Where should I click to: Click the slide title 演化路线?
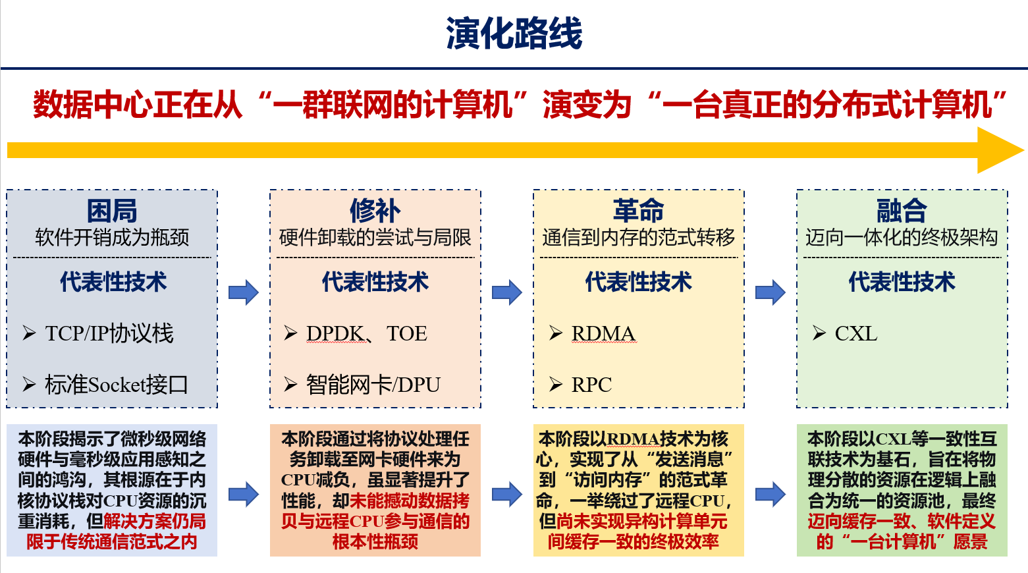pos(514,34)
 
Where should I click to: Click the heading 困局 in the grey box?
pos(112,211)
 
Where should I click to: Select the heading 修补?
pos(375,211)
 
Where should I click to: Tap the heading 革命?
pos(638,211)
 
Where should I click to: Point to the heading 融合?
pos(902,211)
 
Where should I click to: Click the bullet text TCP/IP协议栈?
pos(109,333)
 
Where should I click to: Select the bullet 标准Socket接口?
pos(116,384)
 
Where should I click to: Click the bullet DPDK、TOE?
pos(366,333)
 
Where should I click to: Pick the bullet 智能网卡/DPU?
pos(373,384)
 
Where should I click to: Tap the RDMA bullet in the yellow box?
pos(603,333)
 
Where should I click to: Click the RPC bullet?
pos(591,384)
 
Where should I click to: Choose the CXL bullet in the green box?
pos(855,333)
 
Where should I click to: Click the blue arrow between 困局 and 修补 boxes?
pos(244,292)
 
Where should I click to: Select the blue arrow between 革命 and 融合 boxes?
pos(771,292)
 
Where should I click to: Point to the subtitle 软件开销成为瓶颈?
pos(112,237)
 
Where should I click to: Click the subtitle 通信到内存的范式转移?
pos(638,237)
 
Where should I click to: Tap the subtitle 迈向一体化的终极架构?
pos(902,237)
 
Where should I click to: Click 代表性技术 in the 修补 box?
pos(375,282)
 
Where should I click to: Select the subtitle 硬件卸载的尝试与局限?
pos(375,237)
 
